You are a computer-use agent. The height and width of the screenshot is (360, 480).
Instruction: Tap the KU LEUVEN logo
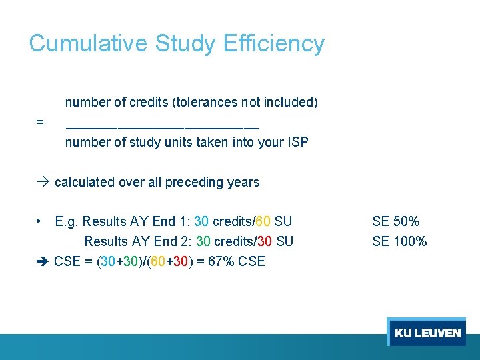(427, 333)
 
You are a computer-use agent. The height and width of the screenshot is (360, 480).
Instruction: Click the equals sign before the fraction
(40, 123)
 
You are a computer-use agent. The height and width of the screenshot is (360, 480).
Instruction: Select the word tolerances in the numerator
(207, 103)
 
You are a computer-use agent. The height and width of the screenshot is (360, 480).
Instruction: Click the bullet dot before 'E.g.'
(41, 221)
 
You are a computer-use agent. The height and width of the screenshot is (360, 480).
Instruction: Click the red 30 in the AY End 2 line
(261, 241)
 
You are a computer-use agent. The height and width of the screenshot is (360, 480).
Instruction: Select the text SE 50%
(396, 221)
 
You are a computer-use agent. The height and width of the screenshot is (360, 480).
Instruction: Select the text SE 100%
(399, 241)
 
